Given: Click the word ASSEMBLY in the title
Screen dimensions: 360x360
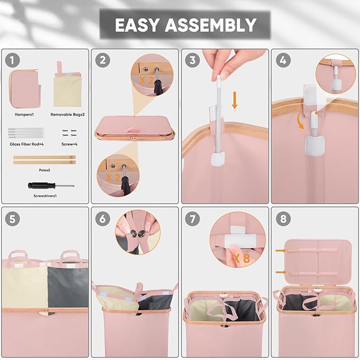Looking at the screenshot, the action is pyautogui.click(x=210, y=25).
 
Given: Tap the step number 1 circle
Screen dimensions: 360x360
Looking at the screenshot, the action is pyautogui.click(x=12, y=60).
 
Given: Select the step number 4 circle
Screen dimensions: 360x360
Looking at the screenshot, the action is pyautogui.click(x=283, y=60).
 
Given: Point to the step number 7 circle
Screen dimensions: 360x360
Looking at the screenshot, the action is pyautogui.click(x=192, y=218).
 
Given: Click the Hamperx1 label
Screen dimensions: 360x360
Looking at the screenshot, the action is pyautogui.click(x=24, y=115).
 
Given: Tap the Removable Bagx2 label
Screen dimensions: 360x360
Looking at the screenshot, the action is pyautogui.click(x=67, y=115).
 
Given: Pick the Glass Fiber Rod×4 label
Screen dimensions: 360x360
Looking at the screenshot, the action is pyautogui.click(x=27, y=144).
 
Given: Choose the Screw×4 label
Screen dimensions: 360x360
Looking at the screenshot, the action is pyautogui.click(x=69, y=144).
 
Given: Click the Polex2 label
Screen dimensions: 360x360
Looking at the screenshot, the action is pyautogui.click(x=45, y=170).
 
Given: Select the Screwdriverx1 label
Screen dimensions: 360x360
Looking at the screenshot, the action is pyautogui.click(x=45, y=196).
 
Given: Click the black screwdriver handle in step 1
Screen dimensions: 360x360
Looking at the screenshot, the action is pyautogui.click(x=41, y=185).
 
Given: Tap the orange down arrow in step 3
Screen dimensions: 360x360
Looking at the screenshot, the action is pyautogui.click(x=234, y=100).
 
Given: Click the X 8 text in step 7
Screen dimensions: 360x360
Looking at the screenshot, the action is pyautogui.click(x=241, y=258).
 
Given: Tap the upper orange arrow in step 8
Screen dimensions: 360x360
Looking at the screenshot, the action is pyautogui.click(x=281, y=251).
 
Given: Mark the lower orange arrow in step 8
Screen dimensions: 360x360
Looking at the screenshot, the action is pyautogui.click(x=281, y=273).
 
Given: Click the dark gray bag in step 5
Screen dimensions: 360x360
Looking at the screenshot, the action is pyautogui.click(x=68, y=287).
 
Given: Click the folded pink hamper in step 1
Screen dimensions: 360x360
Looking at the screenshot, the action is pyautogui.click(x=25, y=89).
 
